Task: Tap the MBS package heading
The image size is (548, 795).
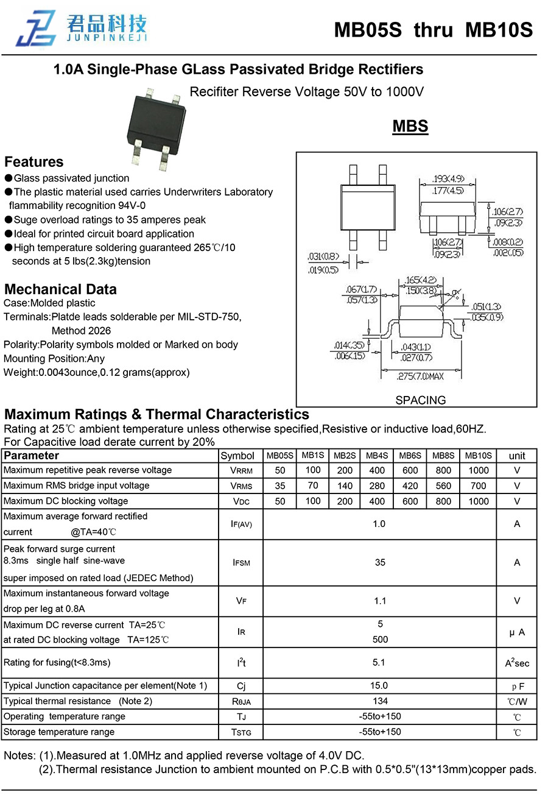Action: (410, 127)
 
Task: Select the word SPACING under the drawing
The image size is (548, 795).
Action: (420, 400)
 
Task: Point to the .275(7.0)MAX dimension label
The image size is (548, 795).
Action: (420, 376)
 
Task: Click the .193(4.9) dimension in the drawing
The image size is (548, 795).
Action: (448, 178)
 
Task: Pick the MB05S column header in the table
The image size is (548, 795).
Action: (280, 456)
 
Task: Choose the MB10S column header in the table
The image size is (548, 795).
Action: (478, 456)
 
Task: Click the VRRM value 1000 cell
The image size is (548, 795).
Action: (478, 470)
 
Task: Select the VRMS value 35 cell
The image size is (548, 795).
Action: (280, 486)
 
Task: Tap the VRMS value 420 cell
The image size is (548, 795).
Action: (410, 486)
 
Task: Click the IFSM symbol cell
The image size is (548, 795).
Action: (241, 563)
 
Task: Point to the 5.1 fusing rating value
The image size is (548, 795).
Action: (379, 662)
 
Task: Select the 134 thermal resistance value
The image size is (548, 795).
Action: (380, 701)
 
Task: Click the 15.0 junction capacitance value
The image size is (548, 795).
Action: (379, 685)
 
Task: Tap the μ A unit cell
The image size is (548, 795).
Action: (517, 632)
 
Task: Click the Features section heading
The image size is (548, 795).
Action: (34, 162)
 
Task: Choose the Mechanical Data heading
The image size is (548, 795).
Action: (60, 289)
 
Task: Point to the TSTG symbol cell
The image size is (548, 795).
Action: (241, 732)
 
